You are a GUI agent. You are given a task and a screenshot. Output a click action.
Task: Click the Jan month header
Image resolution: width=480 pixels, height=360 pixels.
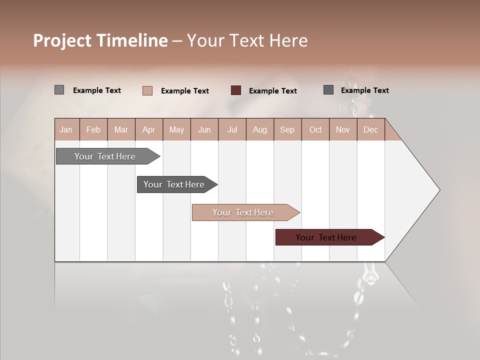(66, 130)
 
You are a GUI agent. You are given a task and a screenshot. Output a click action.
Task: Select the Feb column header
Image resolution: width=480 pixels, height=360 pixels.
(93, 130)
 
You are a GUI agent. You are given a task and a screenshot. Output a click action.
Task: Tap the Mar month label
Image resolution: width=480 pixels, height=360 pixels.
(121, 130)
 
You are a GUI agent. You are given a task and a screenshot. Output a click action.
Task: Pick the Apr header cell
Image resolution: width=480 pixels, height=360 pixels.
(149, 130)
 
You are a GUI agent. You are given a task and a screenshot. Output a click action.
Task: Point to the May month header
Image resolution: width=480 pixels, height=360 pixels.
(176, 130)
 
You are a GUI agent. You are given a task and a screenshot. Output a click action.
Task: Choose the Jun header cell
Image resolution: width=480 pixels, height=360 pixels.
(204, 130)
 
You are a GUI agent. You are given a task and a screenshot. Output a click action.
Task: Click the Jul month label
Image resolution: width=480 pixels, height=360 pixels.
(232, 130)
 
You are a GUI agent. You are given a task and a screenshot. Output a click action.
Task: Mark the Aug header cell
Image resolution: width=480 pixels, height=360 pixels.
(260, 130)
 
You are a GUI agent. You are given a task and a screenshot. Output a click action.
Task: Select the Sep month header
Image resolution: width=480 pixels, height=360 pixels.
(287, 130)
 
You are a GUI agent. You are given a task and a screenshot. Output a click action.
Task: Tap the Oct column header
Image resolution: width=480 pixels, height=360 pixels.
(315, 130)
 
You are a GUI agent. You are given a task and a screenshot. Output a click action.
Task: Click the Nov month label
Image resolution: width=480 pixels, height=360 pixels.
(343, 130)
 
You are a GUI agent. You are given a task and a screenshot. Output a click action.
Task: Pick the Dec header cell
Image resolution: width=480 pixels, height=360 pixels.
(371, 130)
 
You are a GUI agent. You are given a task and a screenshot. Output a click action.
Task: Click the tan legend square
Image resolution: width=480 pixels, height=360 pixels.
(147, 90)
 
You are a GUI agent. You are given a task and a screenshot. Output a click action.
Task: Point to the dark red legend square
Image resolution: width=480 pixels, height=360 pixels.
(236, 90)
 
